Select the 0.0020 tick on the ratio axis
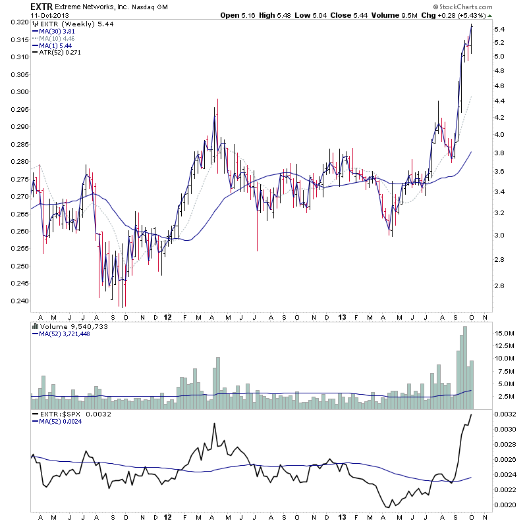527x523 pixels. pyautogui.click(x=508, y=505)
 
